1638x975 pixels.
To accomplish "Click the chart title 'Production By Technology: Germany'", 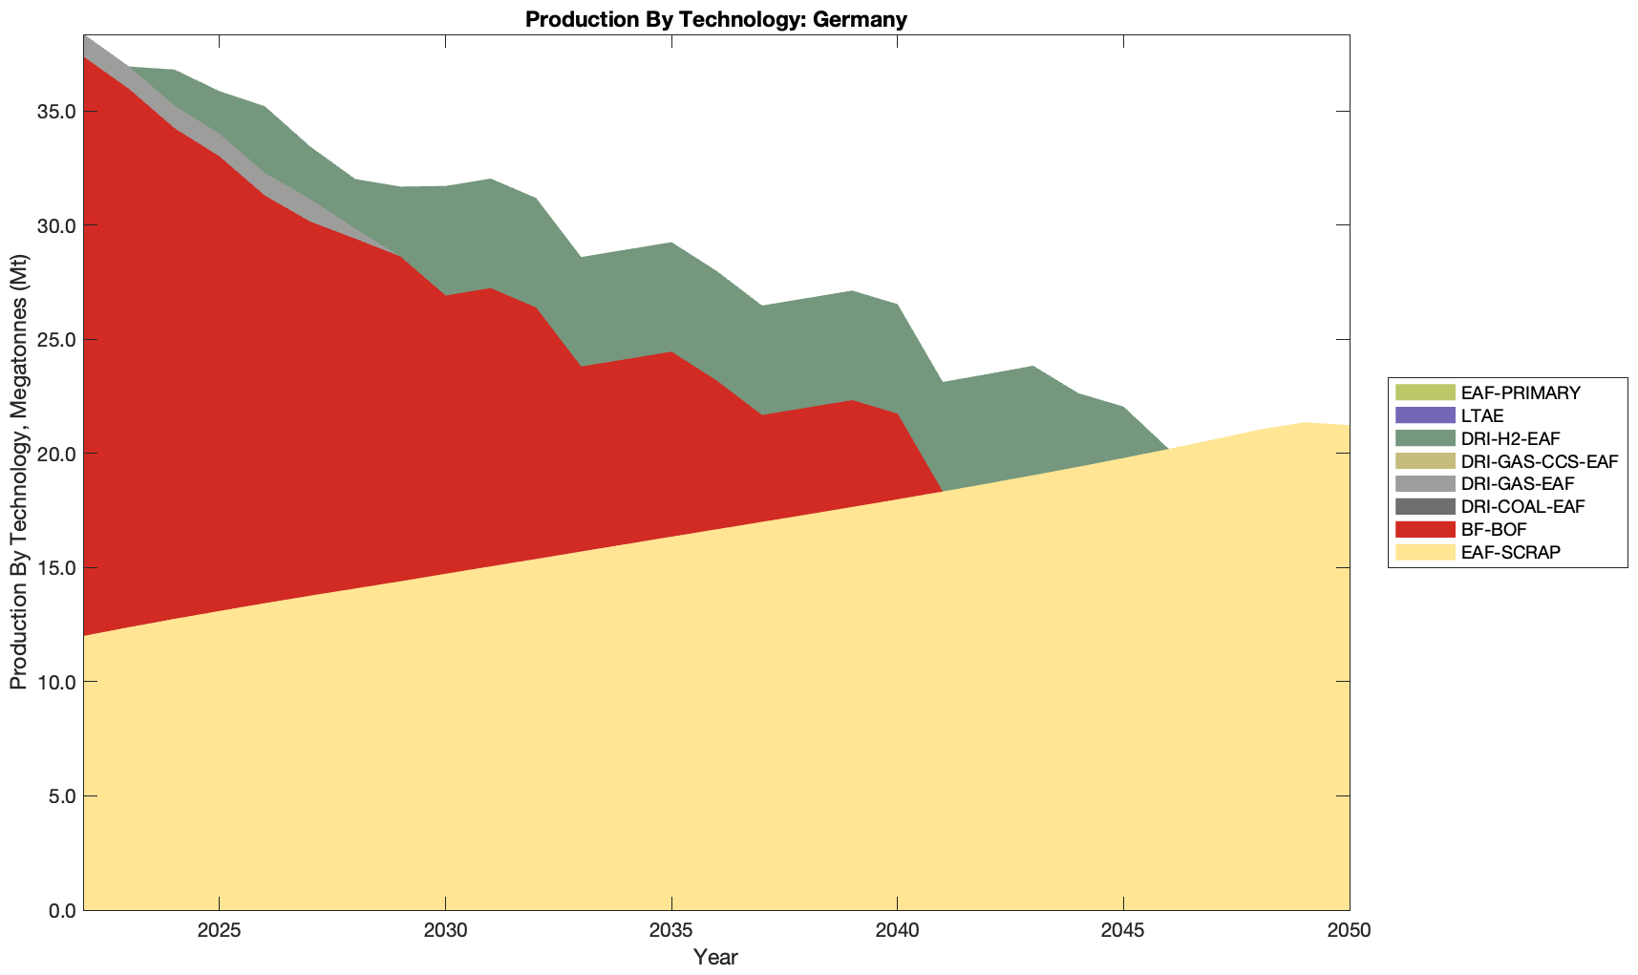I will (x=715, y=19).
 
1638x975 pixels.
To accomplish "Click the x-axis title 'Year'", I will (x=715, y=957).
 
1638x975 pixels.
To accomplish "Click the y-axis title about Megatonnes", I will (x=18, y=473).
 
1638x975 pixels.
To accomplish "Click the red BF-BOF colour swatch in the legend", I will (x=1424, y=529).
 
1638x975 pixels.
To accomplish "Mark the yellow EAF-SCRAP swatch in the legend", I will (x=1424, y=552).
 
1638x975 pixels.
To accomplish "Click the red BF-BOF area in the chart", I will (x=287, y=382).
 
